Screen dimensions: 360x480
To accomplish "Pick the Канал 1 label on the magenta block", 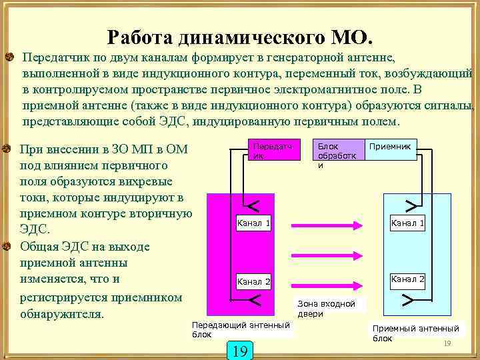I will (253, 223).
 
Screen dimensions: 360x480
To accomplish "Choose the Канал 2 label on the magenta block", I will (253, 282).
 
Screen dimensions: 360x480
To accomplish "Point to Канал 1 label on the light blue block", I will (407, 223).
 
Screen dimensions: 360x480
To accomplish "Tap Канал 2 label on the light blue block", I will (407, 279).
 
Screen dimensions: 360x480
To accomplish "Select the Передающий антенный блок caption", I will (241, 329).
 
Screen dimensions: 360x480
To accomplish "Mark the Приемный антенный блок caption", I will (415, 333).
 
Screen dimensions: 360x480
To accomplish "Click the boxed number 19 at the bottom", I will (240, 350).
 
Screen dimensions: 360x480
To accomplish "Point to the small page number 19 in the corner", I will (447, 343).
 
